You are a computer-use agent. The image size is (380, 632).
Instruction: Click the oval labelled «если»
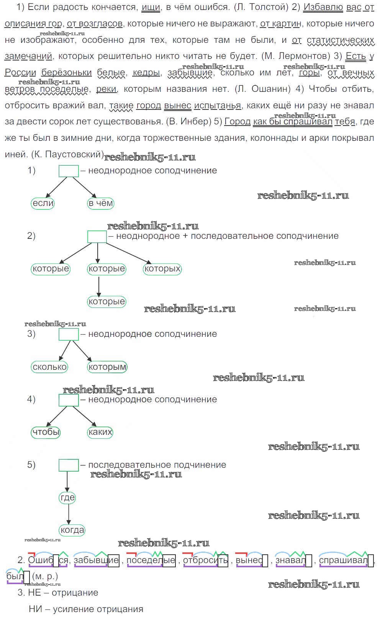point(43,203)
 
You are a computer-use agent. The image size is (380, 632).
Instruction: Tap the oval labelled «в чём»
point(101,203)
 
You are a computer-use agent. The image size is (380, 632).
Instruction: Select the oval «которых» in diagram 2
point(162,269)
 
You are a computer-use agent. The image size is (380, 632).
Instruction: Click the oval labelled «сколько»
point(50,367)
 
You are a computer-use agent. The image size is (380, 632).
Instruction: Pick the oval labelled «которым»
point(107,367)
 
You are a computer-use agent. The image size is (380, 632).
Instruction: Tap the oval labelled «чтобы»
point(46,432)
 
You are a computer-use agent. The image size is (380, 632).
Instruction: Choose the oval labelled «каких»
point(100,432)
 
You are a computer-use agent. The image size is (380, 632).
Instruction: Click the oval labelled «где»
point(68,498)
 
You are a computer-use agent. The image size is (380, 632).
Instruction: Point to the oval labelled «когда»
point(72,530)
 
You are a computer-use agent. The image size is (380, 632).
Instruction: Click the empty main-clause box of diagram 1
point(69,171)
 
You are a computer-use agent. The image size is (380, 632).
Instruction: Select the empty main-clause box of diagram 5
point(69,465)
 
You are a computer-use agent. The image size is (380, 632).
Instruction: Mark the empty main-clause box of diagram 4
point(69,400)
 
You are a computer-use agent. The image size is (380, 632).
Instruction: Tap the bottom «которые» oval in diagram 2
point(106,301)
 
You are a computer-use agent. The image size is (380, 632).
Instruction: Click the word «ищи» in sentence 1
point(151,7)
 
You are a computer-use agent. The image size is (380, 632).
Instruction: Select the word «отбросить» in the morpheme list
point(205,560)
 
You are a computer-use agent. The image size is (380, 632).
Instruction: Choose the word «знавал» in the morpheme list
point(291,560)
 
